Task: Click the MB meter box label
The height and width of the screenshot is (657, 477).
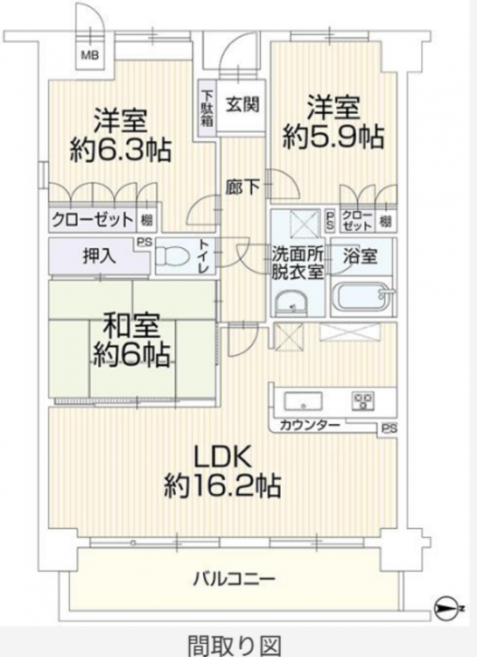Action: tap(89, 54)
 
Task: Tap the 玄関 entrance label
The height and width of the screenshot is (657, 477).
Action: tap(242, 104)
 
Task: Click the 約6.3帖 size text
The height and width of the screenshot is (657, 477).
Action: tap(121, 150)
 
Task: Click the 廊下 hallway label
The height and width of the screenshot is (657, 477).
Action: tap(242, 187)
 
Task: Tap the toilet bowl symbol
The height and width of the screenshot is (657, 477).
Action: tap(172, 257)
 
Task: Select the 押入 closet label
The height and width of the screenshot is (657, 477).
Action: tap(99, 256)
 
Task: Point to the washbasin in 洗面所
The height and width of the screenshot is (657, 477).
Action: tap(292, 302)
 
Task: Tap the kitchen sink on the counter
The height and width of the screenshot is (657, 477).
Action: tap(303, 402)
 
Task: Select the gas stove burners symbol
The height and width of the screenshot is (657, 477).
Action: tap(362, 401)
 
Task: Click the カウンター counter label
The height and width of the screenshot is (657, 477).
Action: tap(310, 425)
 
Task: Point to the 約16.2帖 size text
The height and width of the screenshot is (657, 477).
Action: tap(222, 485)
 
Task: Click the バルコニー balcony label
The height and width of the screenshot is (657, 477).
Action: tap(234, 580)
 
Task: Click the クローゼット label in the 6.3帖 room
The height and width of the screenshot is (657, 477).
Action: tap(92, 219)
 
